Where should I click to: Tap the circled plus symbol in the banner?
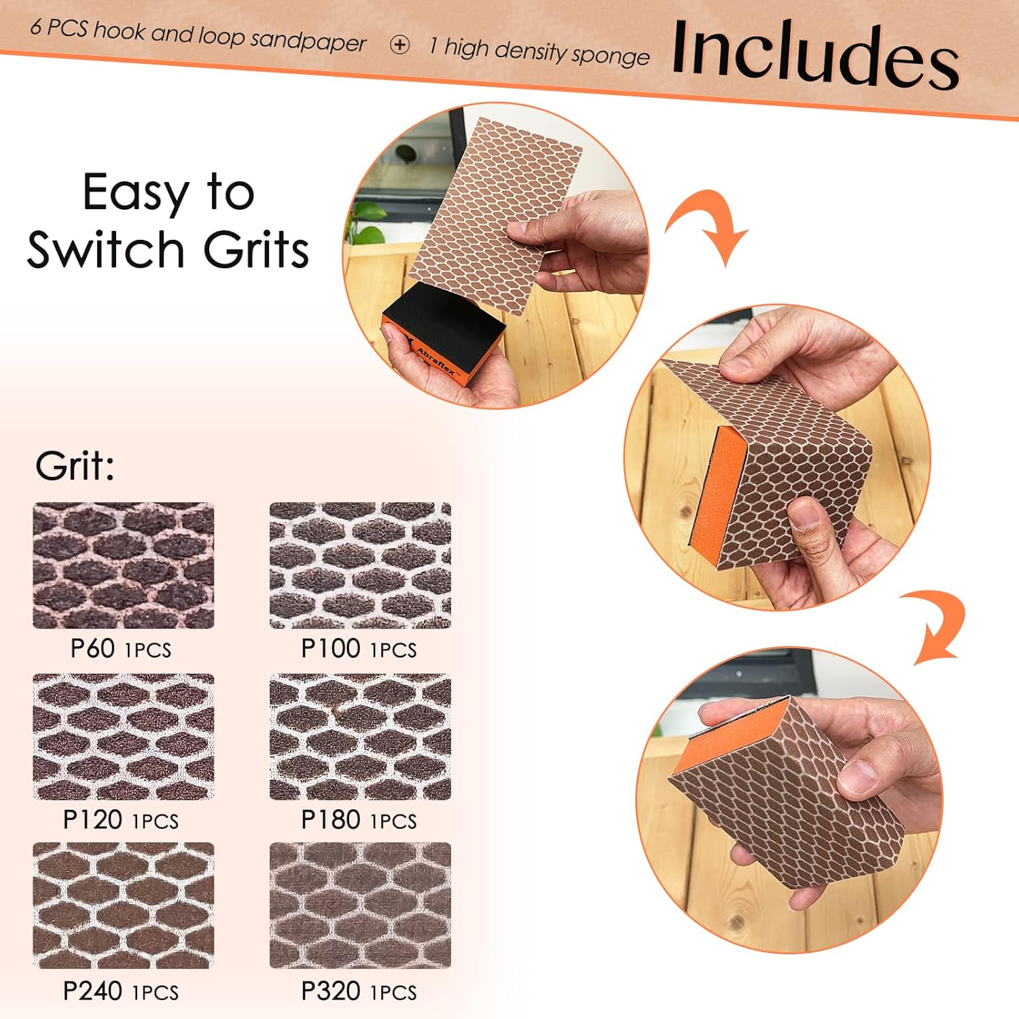[400, 45]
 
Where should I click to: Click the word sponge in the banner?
[611, 55]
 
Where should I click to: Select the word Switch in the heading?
[105, 249]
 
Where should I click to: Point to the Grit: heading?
[75, 466]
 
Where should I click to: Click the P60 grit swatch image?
[124, 565]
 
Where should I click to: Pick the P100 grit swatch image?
[360, 565]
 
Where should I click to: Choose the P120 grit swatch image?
[124, 736]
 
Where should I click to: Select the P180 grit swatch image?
[360, 736]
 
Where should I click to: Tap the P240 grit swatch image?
[124, 906]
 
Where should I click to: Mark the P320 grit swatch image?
[360, 906]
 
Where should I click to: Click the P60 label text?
[92, 649]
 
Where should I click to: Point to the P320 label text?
[331, 991]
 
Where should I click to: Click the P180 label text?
[331, 820]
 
